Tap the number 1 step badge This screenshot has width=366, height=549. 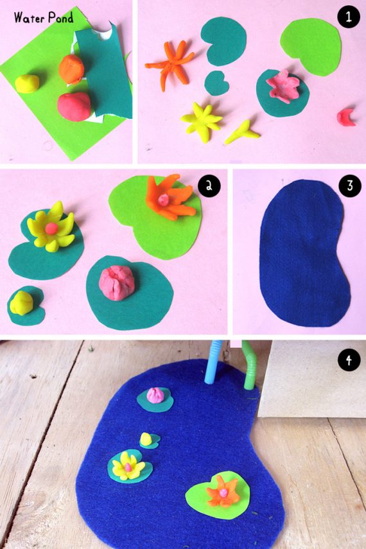coord(349,17)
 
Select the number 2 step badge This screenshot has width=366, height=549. coord(209,186)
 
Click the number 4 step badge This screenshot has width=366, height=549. coord(349,360)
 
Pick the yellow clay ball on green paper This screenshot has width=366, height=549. coord(27,83)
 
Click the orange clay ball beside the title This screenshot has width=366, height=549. coord(71,69)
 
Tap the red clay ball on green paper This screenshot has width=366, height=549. coord(74,107)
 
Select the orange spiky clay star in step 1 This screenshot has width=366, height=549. coord(171,64)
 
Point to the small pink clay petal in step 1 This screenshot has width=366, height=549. coord(346,117)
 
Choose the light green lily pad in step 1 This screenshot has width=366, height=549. coord(311,46)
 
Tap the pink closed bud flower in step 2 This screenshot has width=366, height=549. coord(117,283)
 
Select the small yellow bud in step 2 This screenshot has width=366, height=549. coord(21,302)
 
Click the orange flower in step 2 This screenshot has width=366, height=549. coord(171,198)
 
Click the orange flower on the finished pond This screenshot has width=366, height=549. coord(223,491)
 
